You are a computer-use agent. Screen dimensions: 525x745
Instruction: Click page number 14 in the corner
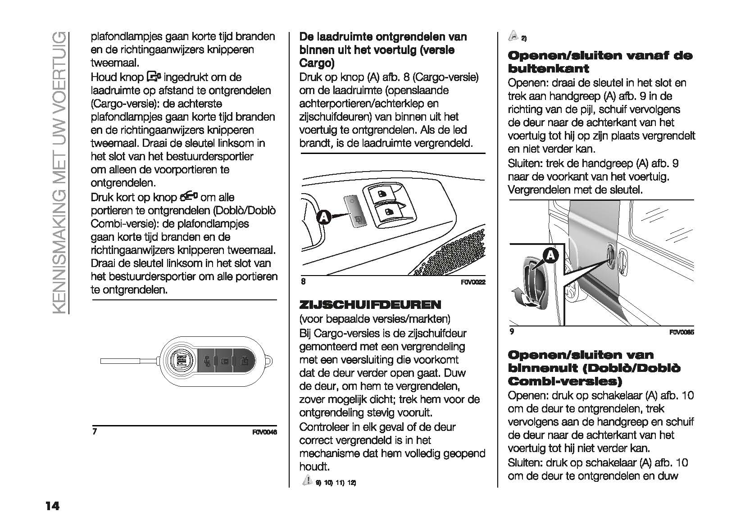coord(52,507)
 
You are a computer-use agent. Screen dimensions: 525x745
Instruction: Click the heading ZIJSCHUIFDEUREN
coord(370,305)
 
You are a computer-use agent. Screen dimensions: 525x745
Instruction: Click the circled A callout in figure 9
coord(550,256)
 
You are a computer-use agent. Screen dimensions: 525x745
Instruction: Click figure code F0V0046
coord(264,433)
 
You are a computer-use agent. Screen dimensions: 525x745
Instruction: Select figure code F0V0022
coord(473,282)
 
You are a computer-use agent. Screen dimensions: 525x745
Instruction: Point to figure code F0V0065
coord(681,333)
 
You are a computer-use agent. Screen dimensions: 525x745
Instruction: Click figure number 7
coord(95,431)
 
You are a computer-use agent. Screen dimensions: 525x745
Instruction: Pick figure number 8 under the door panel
coord(303,281)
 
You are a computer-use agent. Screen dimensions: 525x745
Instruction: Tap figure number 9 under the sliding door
coord(512,332)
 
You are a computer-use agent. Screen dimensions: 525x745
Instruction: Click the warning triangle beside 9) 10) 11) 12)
coord(307,480)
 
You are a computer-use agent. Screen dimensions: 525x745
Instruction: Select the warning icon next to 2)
coord(513,36)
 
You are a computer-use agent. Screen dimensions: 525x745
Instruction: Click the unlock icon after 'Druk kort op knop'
coord(189,197)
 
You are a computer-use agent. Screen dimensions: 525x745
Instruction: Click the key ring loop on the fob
coord(270,361)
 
